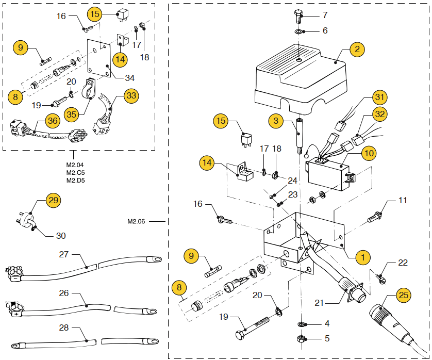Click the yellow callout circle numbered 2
(x=357, y=50)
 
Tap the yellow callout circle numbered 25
(x=404, y=295)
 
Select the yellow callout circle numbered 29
(x=53, y=200)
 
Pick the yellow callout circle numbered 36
(x=53, y=121)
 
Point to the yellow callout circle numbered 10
(x=369, y=153)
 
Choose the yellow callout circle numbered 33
(x=131, y=95)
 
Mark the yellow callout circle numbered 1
(x=363, y=257)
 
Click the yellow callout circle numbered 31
(x=379, y=97)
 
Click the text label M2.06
(x=136, y=221)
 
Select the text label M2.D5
(x=75, y=181)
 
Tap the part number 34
(x=129, y=78)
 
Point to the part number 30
(x=61, y=236)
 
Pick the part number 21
(x=319, y=303)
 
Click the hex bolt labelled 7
(x=299, y=17)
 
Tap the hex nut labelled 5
(x=302, y=338)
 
